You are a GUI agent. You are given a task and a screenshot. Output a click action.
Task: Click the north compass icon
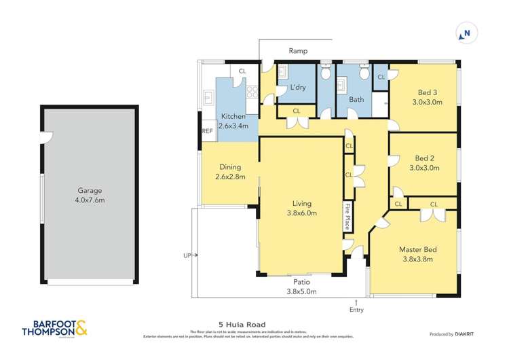[466, 33]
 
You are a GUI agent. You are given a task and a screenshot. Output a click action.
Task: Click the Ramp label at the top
[298, 51]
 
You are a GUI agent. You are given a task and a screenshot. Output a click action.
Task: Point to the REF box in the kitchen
[207, 131]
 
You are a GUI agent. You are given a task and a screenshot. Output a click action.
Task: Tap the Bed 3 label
[427, 92]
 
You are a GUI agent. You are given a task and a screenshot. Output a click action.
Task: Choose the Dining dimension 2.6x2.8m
[230, 177]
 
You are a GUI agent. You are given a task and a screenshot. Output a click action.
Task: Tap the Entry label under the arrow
[356, 310]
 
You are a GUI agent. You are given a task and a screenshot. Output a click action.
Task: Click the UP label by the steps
[187, 255]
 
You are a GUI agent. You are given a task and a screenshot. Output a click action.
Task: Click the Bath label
[356, 100]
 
